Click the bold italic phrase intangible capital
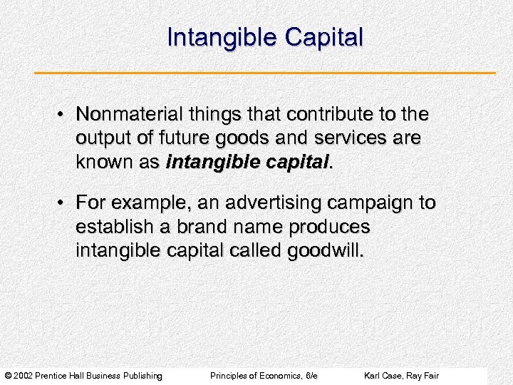(x=248, y=162)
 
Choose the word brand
(x=197, y=227)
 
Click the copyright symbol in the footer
(x=7, y=376)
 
